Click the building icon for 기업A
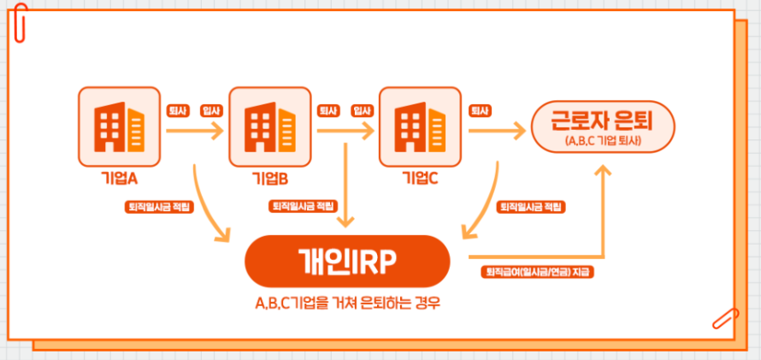click(119, 127)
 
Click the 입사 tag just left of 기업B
click(210, 110)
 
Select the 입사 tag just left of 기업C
click(362, 110)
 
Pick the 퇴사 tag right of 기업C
click(479, 110)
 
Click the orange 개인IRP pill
click(346, 262)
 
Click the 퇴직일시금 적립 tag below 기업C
click(531, 207)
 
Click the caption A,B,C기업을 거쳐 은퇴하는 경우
click(346, 304)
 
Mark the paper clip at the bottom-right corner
click(724, 318)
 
